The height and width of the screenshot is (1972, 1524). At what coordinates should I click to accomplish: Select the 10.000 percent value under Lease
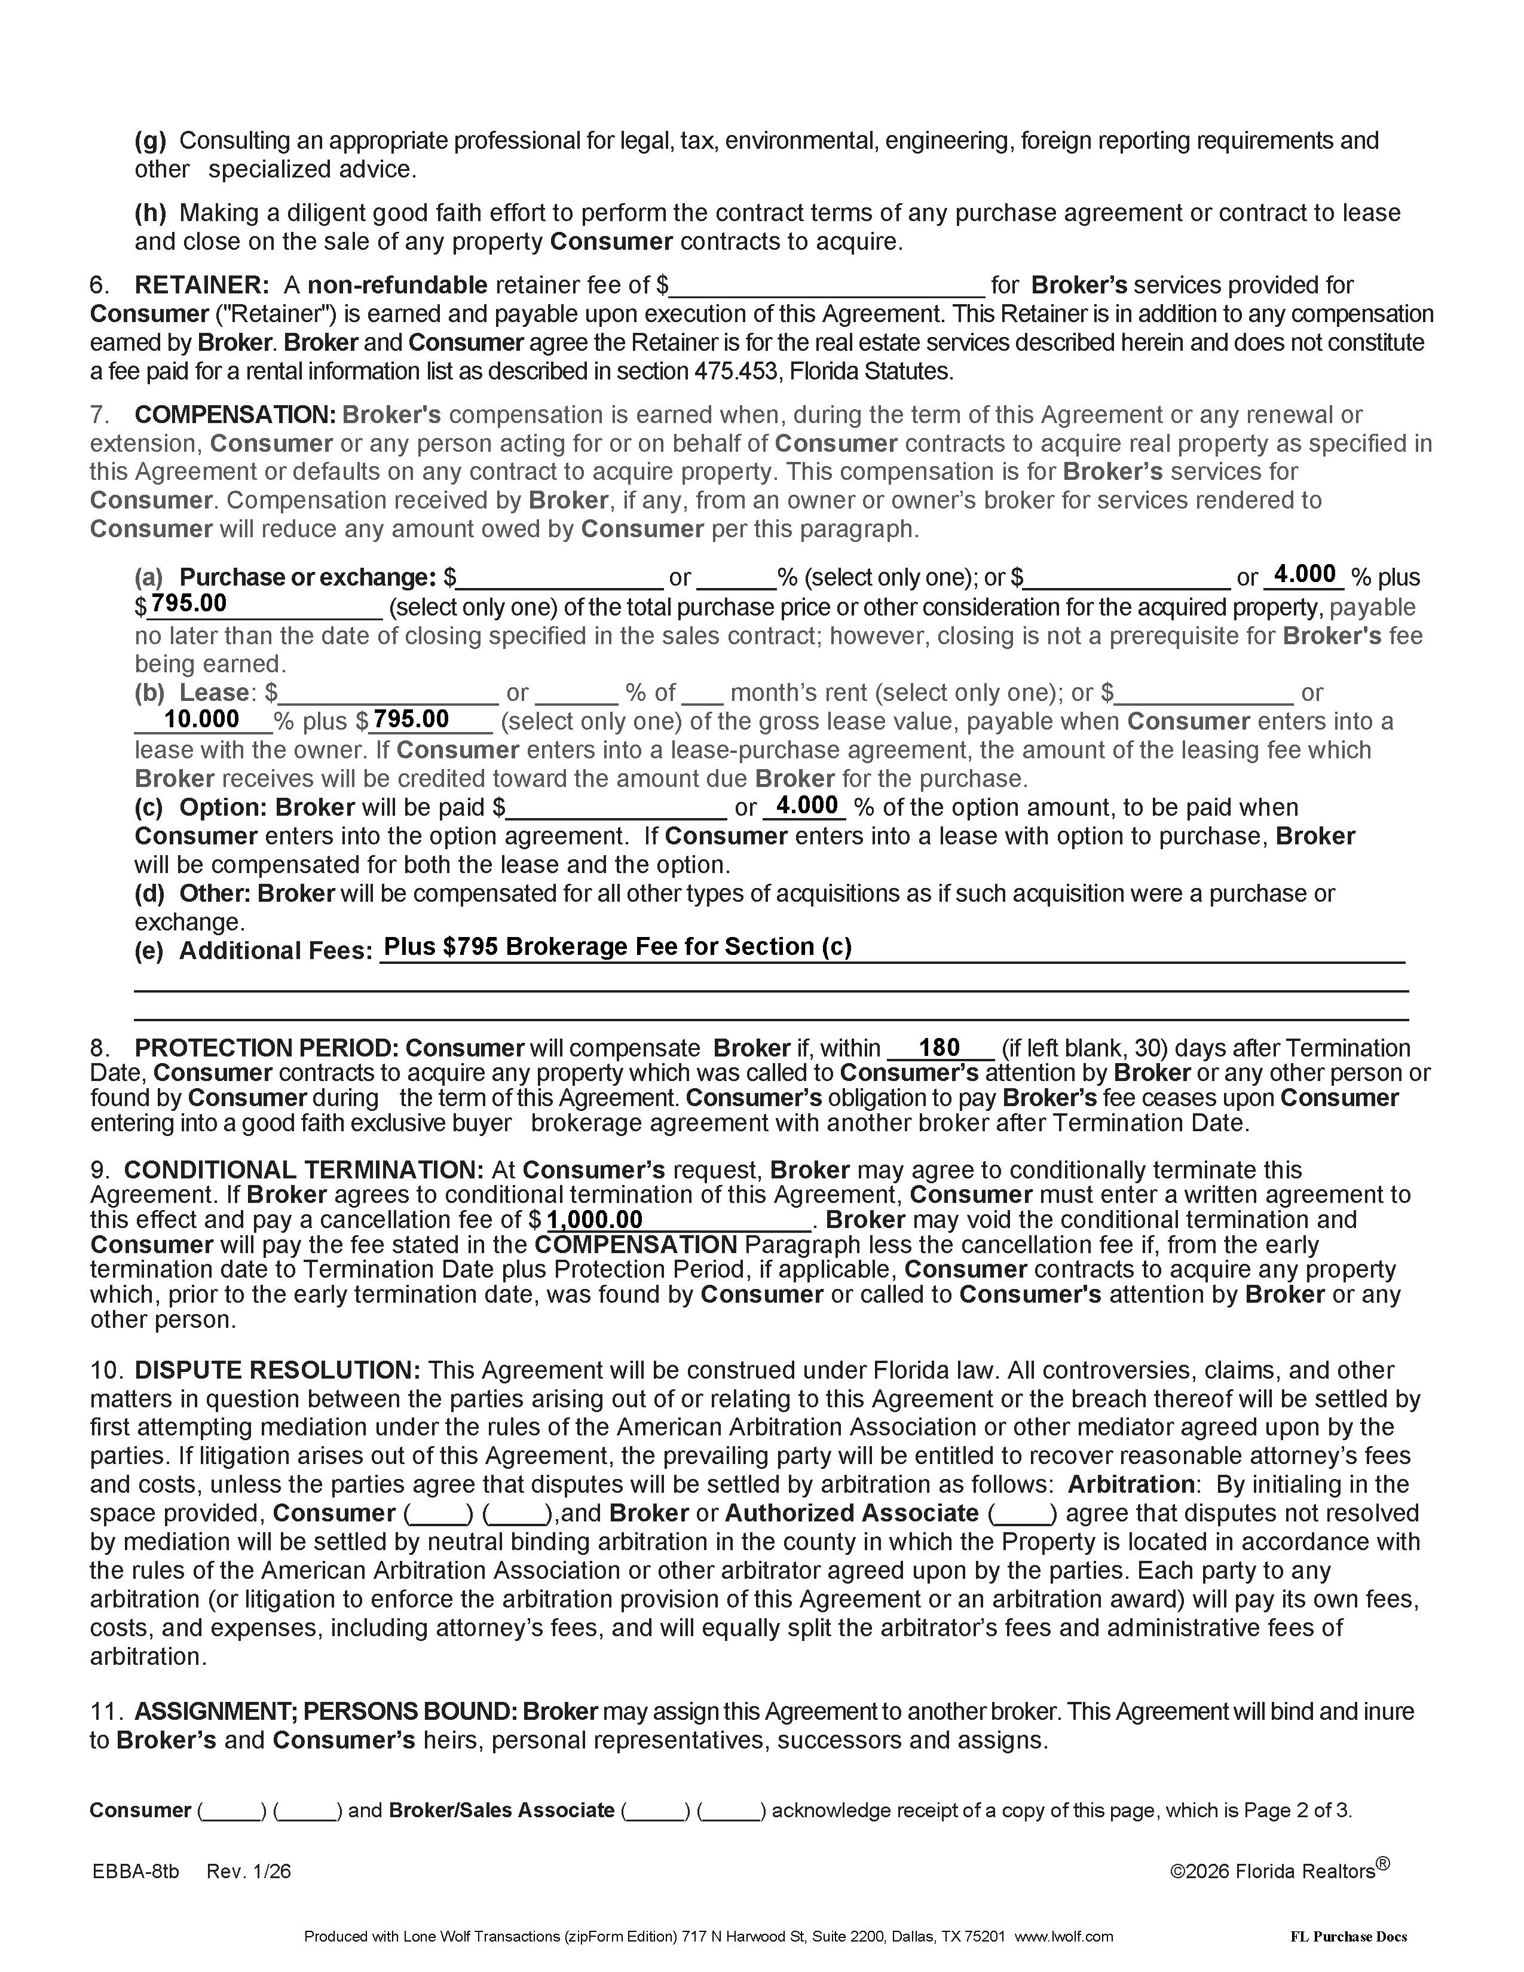[201, 719]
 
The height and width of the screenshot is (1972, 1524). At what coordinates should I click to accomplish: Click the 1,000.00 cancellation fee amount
[595, 1220]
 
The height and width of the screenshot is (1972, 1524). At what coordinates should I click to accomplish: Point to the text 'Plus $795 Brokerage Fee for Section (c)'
[617, 947]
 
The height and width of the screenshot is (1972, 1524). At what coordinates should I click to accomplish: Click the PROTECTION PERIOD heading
[265, 1048]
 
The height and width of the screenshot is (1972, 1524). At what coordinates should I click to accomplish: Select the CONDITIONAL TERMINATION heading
[304, 1170]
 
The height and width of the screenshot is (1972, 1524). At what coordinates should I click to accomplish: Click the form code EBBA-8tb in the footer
[136, 1871]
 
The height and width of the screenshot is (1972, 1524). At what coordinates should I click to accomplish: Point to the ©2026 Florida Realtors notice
[1278, 1871]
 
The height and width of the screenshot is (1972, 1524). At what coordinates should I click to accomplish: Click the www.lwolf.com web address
[1064, 1936]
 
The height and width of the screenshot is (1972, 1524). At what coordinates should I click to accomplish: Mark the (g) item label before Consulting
[151, 141]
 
